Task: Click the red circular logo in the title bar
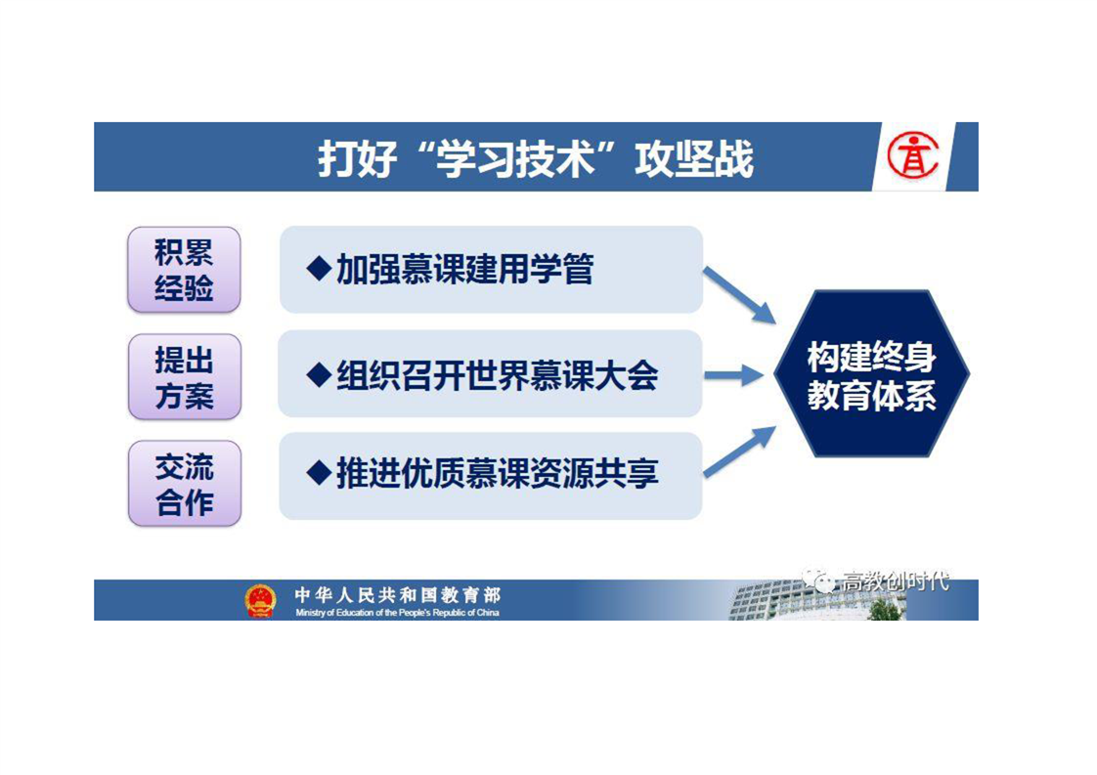click(x=912, y=155)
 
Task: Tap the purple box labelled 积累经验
click(x=184, y=270)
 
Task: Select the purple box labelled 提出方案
click(x=185, y=377)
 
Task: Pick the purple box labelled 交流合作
click(x=185, y=484)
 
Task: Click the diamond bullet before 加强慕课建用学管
click(x=319, y=269)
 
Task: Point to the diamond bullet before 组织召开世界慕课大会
click(x=319, y=375)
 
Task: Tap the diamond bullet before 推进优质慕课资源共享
click(x=319, y=474)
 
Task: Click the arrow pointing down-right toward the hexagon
click(x=739, y=295)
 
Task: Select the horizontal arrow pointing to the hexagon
click(x=734, y=375)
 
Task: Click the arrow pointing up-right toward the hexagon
click(x=739, y=452)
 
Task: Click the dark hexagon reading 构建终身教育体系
click(x=872, y=374)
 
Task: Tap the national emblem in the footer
click(x=259, y=601)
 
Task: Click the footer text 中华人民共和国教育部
click(x=397, y=595)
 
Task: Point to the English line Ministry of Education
click(x=397, y=613)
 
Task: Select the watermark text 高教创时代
click(x=896, y=581)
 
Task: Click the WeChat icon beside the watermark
click(x=818, y=581)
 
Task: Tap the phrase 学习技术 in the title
click(x=514, y=158)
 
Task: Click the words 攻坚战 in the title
click(x=694, y=158)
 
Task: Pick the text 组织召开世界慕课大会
click(x=498, y=375)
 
